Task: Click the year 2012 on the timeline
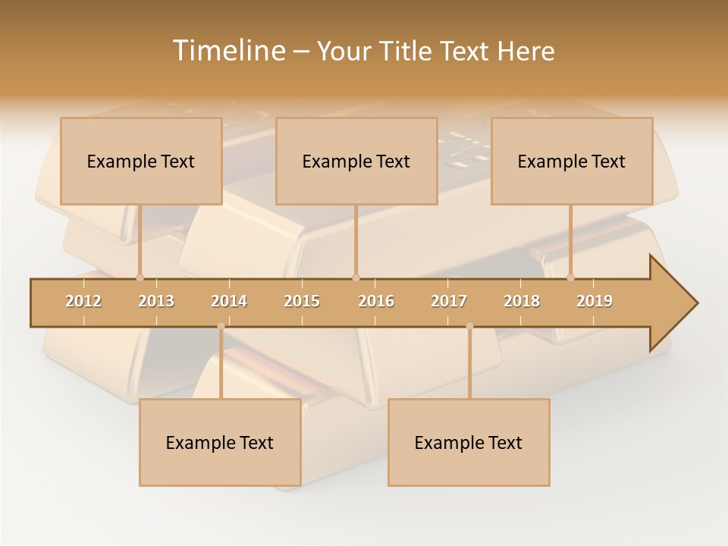point(83,301)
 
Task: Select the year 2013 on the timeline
point(156,301)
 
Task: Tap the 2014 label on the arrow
point(229,301)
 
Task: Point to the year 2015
point(302,301)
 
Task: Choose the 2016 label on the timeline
point(376,301)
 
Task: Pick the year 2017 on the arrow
point(449,301)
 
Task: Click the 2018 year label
point(522,301)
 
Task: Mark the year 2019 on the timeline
point(595,301)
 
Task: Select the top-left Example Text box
point(141,162)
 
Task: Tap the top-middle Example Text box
point(356,162)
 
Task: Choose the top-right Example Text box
point(572,162)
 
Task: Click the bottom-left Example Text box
point(220,443)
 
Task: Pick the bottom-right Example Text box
point(469,443)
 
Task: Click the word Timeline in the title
point(227,51)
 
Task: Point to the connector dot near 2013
point(140,278)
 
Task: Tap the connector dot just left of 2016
point(356,278)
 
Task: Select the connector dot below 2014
point(221,326)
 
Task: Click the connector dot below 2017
point(469,326)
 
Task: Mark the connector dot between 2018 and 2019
point(570,278)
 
